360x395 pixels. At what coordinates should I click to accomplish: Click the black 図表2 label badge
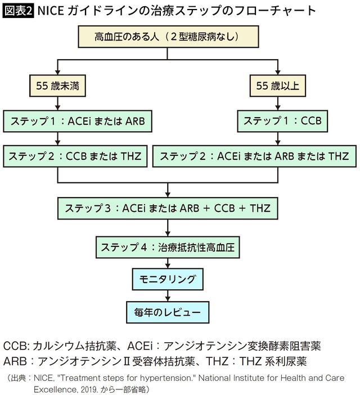18,10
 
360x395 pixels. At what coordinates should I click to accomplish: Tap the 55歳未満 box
57,86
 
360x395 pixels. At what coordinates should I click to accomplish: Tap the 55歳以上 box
278,86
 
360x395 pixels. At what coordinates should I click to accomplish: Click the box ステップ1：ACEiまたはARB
78,120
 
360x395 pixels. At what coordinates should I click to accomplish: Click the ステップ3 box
167,208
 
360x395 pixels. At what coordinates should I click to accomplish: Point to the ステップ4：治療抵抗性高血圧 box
167,245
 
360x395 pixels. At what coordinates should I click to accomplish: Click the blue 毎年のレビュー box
167,311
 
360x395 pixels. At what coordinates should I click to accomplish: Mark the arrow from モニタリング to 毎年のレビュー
167,294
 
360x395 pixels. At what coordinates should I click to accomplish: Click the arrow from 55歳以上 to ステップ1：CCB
278,103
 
